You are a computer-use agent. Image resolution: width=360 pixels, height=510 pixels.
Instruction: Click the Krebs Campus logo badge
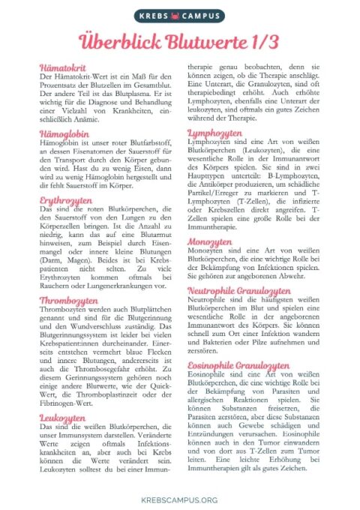coord(179,15)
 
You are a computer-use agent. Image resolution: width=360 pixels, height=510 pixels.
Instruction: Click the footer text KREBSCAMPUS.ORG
coord(179,499)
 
